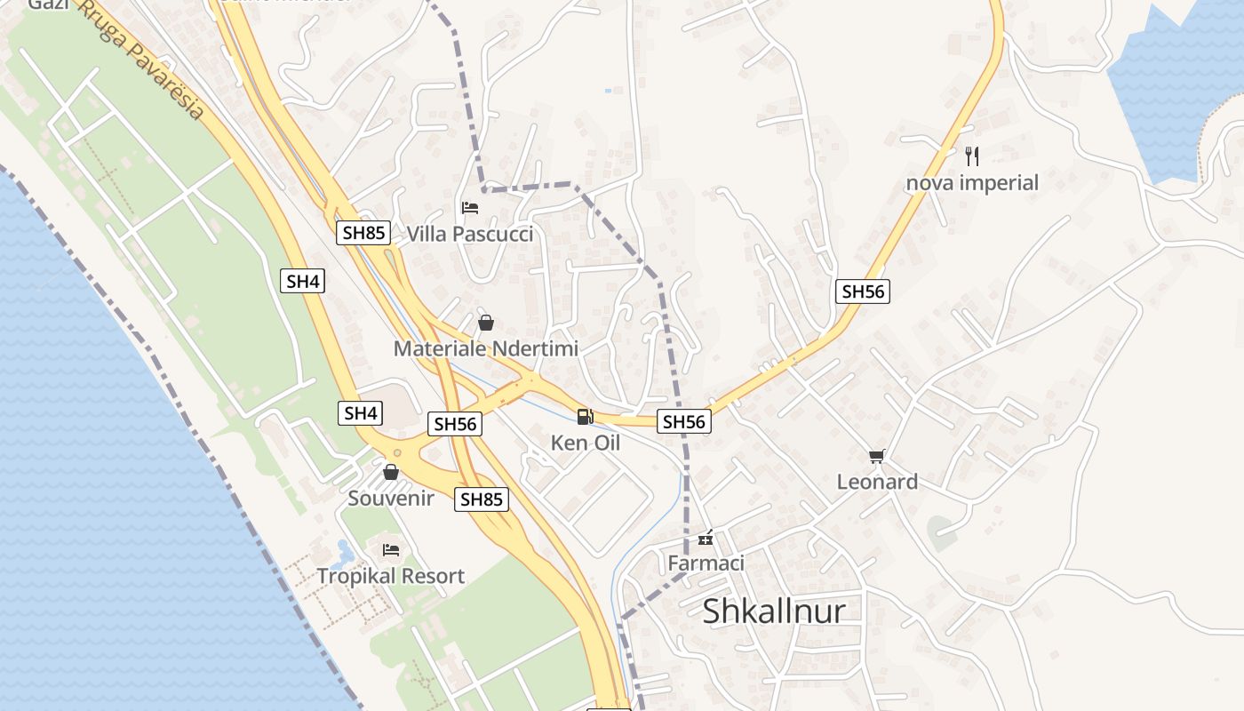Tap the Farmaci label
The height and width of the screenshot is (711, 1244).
[x=706, y=563]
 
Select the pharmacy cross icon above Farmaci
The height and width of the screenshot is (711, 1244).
[x=706, y=538]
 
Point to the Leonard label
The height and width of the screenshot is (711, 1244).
[x=877, y=482]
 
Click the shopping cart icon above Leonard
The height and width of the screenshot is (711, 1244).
[x=877, y=456]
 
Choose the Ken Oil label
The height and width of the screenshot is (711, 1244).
[x=585, y=442]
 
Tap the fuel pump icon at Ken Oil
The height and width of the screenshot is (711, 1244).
[x=585, y=416]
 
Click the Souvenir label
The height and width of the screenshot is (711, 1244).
[x=391, y=498]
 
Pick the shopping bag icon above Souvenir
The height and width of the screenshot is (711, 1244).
[x=390, y=471]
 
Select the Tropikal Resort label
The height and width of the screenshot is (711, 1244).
[x=391, y=576]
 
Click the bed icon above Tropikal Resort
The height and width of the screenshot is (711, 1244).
[x=390, y=550]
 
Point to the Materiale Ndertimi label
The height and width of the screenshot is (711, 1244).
[x=485, y=348]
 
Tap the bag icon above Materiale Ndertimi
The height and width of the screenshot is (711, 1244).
[x=485, y=322]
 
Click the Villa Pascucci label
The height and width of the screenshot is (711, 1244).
[x=470, y=234]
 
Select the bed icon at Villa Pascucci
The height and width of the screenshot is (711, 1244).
[x=470, y=208]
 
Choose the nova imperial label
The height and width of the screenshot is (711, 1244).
[x=972, y=183]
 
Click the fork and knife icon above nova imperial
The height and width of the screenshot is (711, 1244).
[x=972, y=156]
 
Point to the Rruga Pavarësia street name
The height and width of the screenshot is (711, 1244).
[x=142, y=61]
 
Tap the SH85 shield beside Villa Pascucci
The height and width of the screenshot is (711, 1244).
[x=363, y=233]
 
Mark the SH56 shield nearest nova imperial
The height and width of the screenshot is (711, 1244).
[x=862, y=291]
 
